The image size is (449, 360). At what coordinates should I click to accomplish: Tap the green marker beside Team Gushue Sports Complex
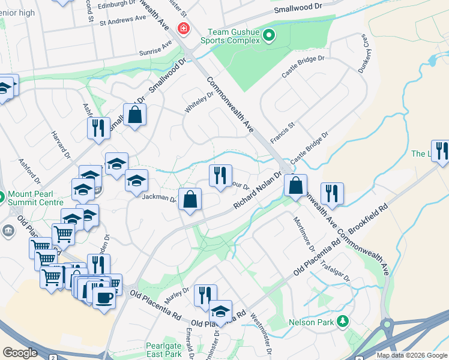pyautogui.click(x=269, y=36)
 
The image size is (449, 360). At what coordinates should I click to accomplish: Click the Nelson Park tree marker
pyautogui.click(x=343, y=322)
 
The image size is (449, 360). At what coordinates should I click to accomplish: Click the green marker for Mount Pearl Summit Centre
pyautogui.click(x=2, y=196)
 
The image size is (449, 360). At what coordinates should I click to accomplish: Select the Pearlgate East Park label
pyautogui.click(x=163, y=350)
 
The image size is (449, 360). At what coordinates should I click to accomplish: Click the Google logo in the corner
pyautogui.click(x=20, y=353)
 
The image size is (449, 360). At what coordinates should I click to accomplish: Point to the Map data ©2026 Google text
pyautogui.click(x=412, y=355)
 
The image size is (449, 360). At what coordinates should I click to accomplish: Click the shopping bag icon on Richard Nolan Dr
pyautogui.click(x=295, y=186)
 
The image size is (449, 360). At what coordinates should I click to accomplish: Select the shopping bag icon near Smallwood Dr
pyautogui.click(x=135, y=114)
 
